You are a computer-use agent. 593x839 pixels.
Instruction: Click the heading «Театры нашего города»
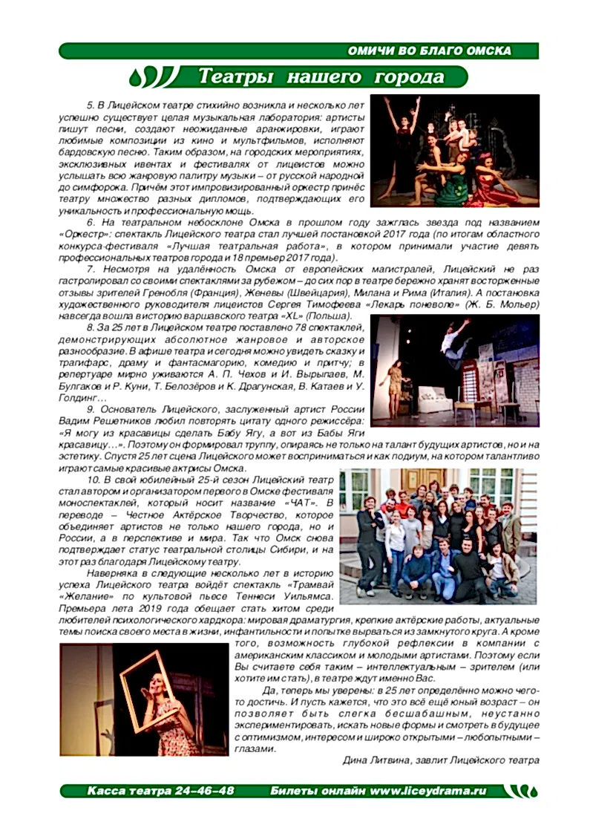tap(320, 76)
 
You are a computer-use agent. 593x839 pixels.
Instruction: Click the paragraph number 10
tap(94, 480)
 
